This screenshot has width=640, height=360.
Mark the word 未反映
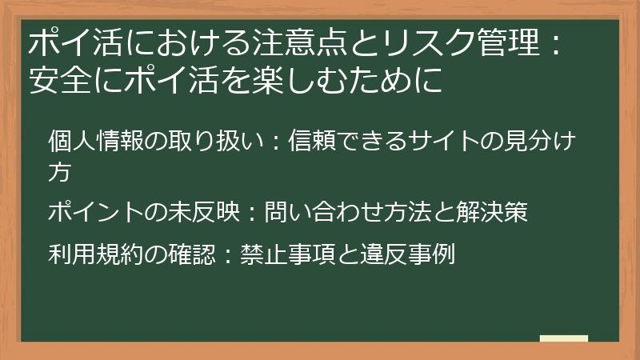click(206, 213)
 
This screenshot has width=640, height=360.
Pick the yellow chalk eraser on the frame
click(563, 339)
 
